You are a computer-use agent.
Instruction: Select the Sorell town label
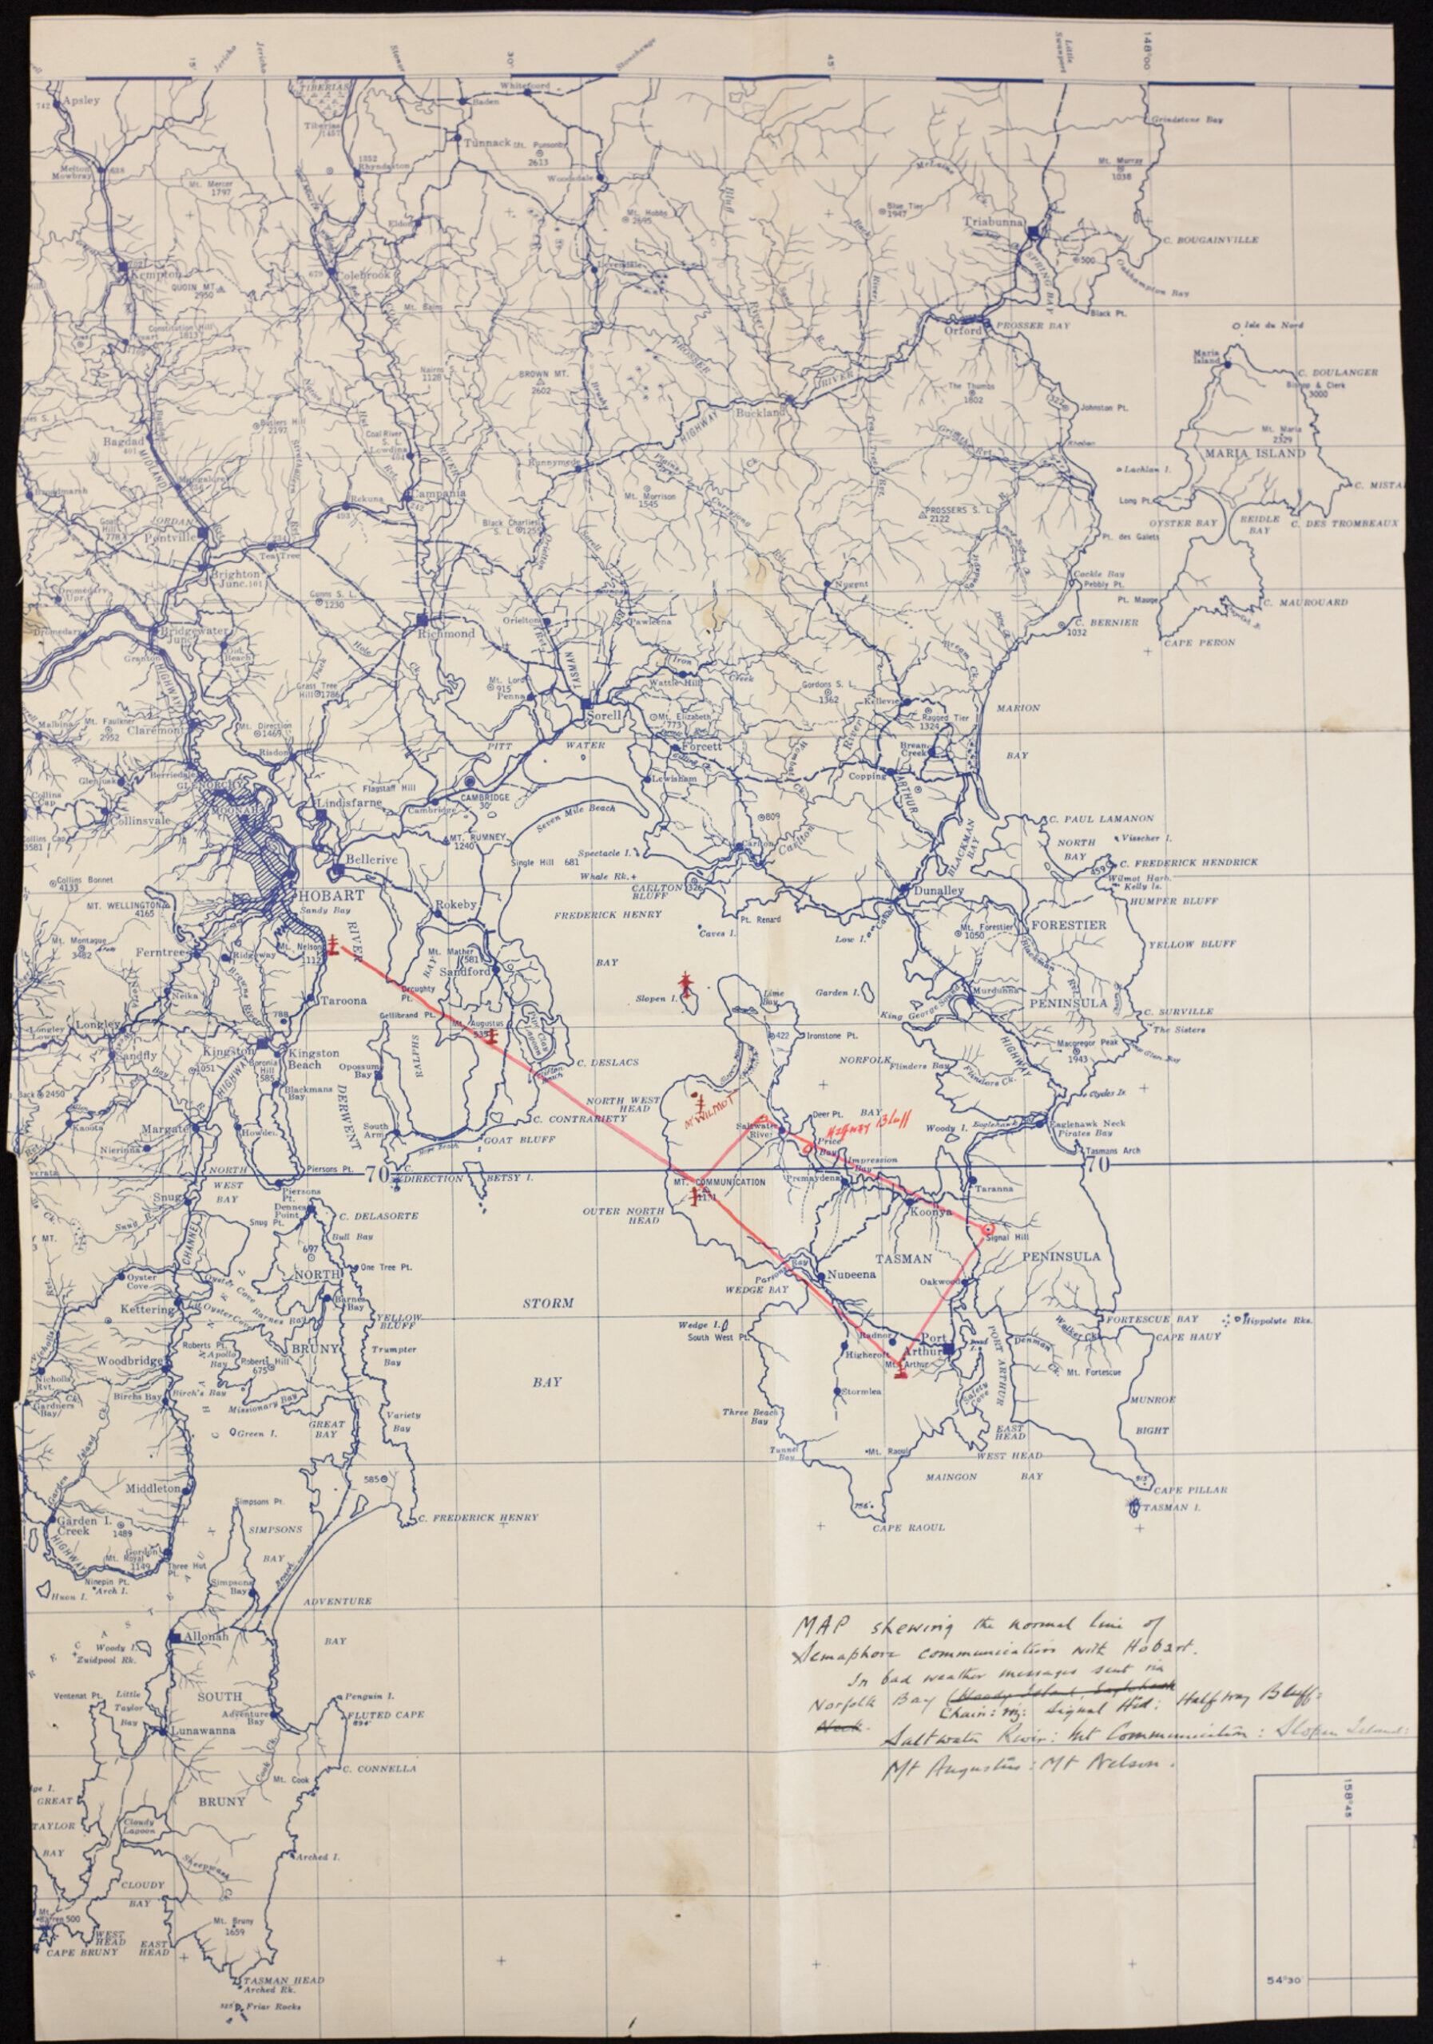tap(605, 715)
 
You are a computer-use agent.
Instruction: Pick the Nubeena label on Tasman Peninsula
tap(851, 1274)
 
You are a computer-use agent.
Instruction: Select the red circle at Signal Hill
tap(986, 1230)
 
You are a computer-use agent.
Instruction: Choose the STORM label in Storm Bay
tap(548, 1303)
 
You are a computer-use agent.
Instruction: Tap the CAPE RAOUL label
tap(909, 1527)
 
